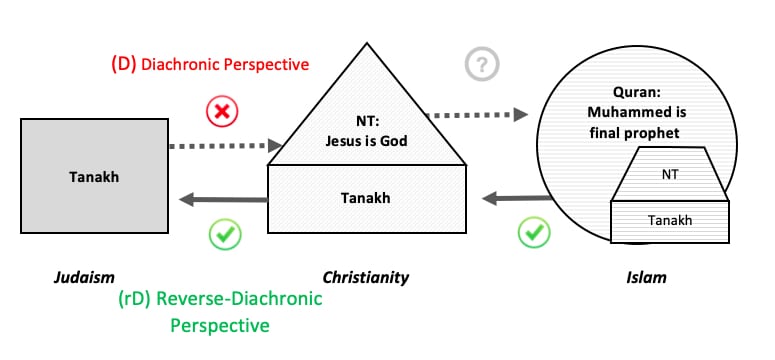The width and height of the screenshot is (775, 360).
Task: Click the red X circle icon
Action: pyautogui.click(x=222, y=112)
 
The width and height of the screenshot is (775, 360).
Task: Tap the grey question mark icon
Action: pyautogui.click(x=482, y=64)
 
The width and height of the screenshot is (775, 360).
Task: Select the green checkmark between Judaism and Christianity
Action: pyautogui.click(x=225, y=233)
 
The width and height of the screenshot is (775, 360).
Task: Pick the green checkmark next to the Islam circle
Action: pyautogui.click(x=534, y=231)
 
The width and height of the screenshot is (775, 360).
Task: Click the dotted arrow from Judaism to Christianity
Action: pyautogui.click(x=225, y=146)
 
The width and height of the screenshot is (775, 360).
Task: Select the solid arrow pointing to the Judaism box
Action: pyautogui.click(x=223, y=200)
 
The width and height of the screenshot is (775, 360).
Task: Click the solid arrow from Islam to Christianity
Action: pyautogui.click(x=517, y=199)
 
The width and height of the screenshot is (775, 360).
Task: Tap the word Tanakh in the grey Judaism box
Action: pyautogui.click(x=94, y=177)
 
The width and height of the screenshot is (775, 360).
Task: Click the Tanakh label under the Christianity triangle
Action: pyautogui.click(x=365, y=198)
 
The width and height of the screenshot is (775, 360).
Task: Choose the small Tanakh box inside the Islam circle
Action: pyautogui.click(x=670, y=222)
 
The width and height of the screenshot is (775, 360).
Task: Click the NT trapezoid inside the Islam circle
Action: pyautogui.click(x=670, y=174)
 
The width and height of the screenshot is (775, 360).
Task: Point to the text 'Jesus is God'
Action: pyautogui.click(x=366, y=141)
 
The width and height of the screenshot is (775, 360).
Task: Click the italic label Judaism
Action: pyautogui.click(x=84, y=277)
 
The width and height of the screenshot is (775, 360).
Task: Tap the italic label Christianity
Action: pyautogui.click(x=366, y=277)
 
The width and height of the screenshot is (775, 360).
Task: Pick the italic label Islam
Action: pyautogui.click(x=646, y=277)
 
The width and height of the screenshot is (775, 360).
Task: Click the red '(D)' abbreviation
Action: pyautogui.click(x=124, y=64)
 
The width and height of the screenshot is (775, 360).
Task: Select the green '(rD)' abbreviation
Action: pyautogui.click(x=134, y=299)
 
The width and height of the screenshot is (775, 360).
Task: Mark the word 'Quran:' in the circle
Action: pyautogui.click(x=637, y=92)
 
